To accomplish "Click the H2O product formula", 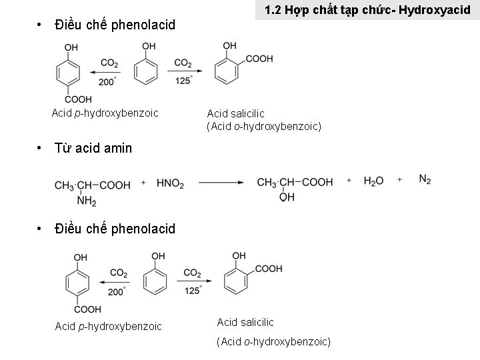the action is click(x=373, y=181).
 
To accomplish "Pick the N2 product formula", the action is click(x=425, y=179).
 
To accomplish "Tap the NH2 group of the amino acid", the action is click(x=87, y=201).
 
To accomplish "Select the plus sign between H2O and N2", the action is click(x=400, y=180).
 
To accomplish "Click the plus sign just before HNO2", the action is click(x=144, y=182).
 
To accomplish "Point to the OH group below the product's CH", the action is click(x=287, y=198).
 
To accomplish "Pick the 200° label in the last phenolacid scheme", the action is click(x=116, y=291).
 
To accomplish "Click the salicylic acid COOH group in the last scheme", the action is click(x=269, y=269).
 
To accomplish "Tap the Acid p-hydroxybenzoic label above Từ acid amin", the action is click(x=105, y=113).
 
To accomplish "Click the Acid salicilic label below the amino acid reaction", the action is click(x=245, y=322).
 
